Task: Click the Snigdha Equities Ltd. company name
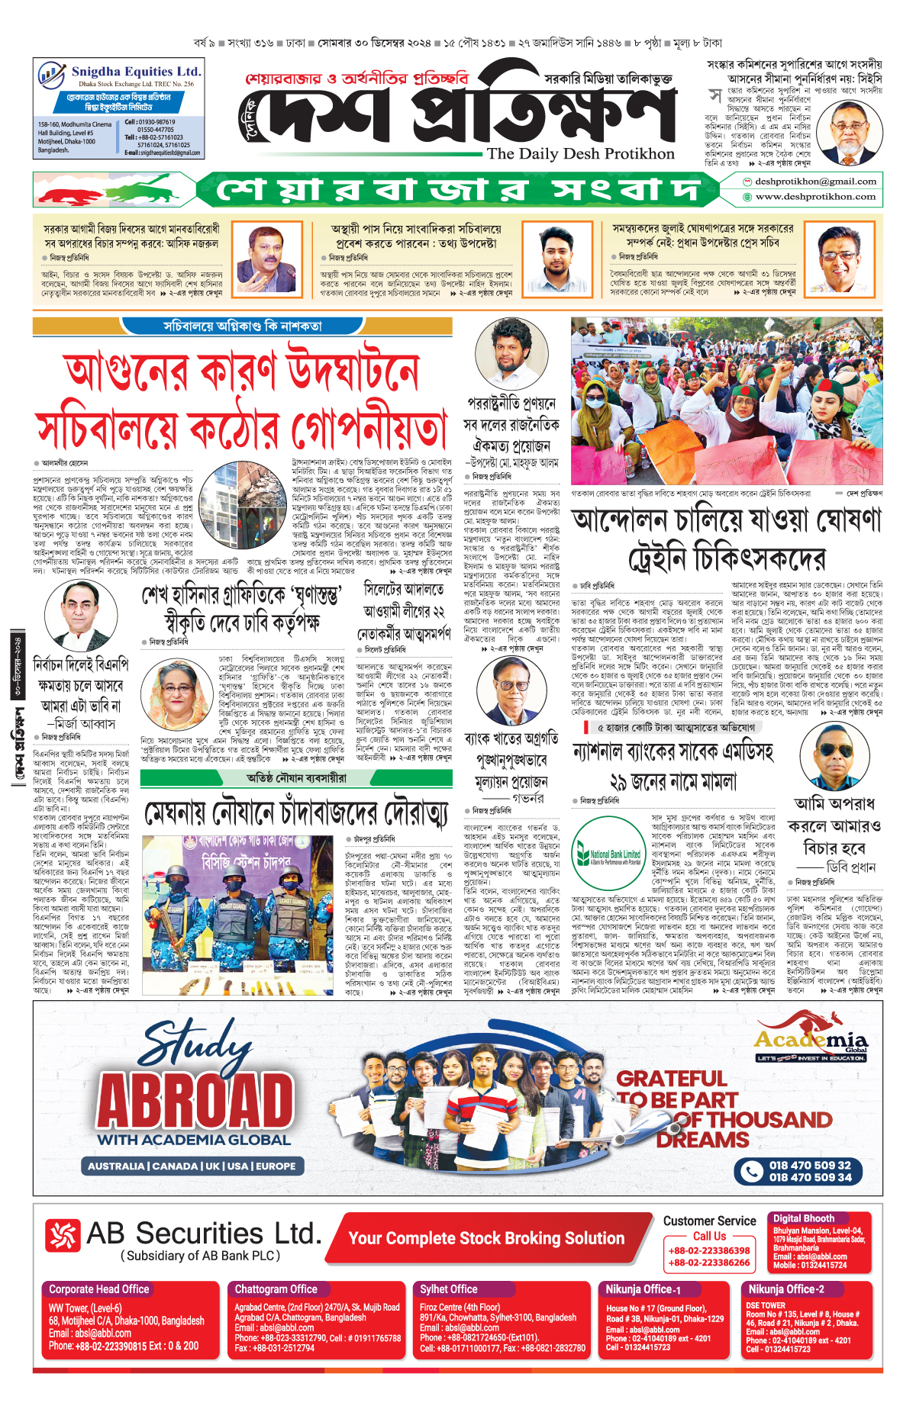pos(136,71)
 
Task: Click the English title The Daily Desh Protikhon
pos(580,153)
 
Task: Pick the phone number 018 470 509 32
pos(809,1165)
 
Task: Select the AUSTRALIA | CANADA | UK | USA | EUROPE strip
pos(191,1166)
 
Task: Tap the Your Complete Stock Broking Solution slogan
pos(486,1238)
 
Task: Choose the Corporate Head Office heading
pos(99,1289)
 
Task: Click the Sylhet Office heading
pos(448,1289)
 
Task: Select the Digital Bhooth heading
pos(803,1218)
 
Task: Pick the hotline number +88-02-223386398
pos(709,1250)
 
